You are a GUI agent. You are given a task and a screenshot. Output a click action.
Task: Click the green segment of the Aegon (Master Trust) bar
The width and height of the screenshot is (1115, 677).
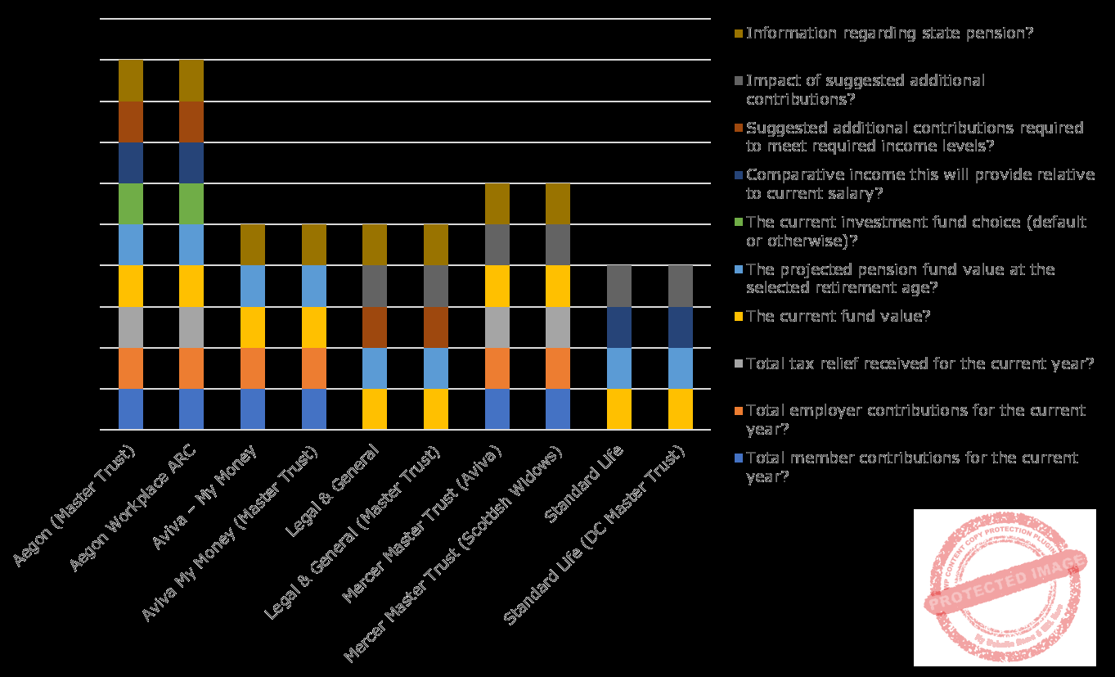(x=131, y=204)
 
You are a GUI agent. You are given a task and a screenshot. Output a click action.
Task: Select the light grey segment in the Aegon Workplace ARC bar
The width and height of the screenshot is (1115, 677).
(x=191, y=327)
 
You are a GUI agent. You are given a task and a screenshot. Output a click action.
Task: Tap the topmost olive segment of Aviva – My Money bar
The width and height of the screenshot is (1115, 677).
(x=253, y=245)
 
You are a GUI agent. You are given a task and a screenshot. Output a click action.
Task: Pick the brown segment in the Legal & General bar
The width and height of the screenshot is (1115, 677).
(x=375, y=327)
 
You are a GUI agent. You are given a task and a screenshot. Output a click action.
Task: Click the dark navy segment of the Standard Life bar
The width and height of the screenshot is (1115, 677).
(x=619, y=327)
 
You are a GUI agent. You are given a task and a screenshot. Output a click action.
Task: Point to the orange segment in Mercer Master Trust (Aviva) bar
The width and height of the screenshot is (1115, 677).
(x=497, y=368)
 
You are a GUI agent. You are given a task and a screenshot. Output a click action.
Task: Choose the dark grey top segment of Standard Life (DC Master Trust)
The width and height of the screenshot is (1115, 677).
(x=681, y=286)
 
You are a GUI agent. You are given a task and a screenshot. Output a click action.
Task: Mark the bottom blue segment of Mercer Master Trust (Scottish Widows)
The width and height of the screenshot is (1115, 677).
(x=558, y=409)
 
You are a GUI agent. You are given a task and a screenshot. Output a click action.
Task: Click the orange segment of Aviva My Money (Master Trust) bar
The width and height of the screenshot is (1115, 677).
(x=314, y=368)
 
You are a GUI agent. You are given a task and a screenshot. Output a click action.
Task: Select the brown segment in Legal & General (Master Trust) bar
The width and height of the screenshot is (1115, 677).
(x=436, y=327)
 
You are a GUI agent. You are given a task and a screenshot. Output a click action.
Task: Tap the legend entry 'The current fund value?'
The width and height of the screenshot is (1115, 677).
(x=838, y=317)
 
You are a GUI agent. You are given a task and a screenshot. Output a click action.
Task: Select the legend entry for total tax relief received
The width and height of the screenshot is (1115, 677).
(x=919, y=364)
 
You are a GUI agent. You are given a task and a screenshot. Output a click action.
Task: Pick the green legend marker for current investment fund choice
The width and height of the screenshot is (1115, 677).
(x=740, y=222)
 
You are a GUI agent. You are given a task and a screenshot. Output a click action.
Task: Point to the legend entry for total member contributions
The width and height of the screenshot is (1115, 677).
(x=911, y=467)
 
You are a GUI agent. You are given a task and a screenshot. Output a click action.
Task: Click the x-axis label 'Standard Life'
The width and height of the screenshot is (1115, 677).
(x=584, y=483)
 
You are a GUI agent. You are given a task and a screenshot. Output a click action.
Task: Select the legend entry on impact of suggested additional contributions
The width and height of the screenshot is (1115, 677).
(x=865, y=89)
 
